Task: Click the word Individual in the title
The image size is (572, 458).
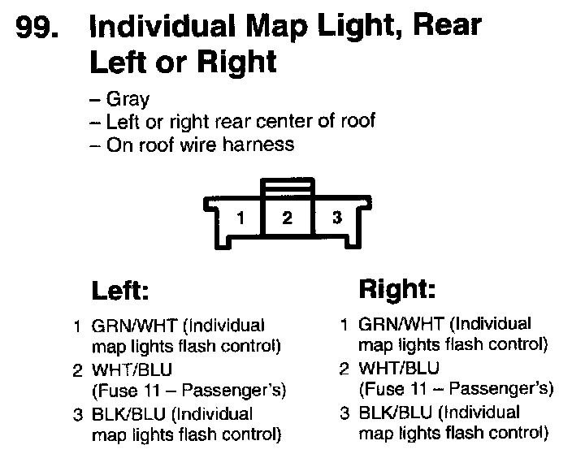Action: point(149,27)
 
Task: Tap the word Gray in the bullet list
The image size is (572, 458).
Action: point(128,101)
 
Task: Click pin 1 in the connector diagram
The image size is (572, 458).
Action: point(240,217)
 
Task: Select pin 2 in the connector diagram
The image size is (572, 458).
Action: point(287,217)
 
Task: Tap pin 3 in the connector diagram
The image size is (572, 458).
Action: point(337,217)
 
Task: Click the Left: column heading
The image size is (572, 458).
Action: point(123,290)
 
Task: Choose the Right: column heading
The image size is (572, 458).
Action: point(397,288)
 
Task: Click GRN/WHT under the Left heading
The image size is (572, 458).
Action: point(133,326)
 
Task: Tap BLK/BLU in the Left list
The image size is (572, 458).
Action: point(128,415)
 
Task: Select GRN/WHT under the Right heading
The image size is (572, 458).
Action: point(401,324)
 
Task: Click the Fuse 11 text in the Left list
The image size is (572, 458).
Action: point(127,391)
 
